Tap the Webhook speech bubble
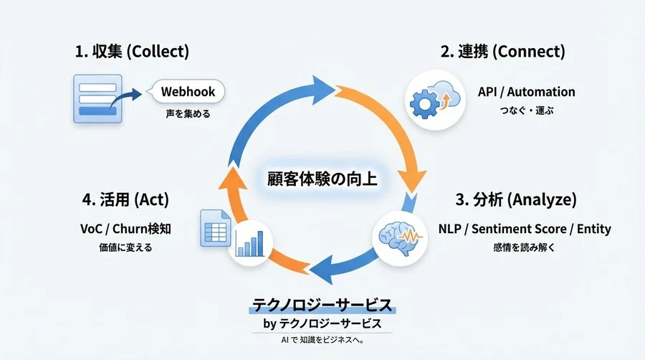click(x=188, y=92)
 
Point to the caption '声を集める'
click(x=188, y=113)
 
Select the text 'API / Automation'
click(x=526, y=92)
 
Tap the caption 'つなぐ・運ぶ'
click(x=526, y=111)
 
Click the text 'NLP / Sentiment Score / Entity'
click(x=525, y=229)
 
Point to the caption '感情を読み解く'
click(x=525, y=248)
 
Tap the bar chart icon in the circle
click(x=252, y=240)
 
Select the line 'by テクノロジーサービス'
click(x=322, y=324)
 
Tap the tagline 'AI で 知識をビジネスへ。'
click(x=322, y=341)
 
